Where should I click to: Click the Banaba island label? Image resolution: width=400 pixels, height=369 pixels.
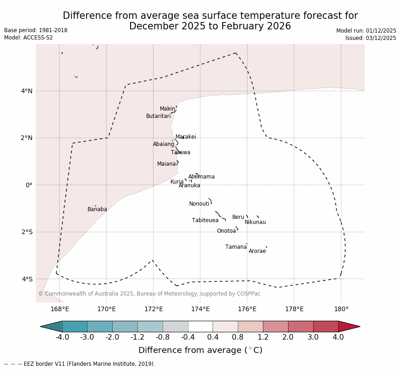pyautogui.click(x=97, y=210)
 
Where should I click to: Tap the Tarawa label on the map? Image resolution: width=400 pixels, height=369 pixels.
pyautogui.click(x=181, y=153)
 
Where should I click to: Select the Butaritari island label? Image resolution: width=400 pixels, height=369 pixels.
pyautogui.click(x=159, y=117)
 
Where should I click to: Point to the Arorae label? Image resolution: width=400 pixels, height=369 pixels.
pyautogui.click(x=257, y=252)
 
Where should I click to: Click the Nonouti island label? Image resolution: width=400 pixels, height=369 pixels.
pyautogui.click(x=199, y=204)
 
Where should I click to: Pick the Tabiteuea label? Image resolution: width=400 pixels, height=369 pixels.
pyautogui.click(x=205, y=221)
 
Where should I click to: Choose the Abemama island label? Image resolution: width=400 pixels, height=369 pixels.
pyautogui.click(x=201, y=177)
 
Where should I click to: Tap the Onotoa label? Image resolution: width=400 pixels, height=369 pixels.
pyautogui.click(x=226, y=231)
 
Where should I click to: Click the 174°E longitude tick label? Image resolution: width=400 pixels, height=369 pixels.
pyautogui.click(x=200, y=309)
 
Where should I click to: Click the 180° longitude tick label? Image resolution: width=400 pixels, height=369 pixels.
pyautogui.click(x=341, y=309)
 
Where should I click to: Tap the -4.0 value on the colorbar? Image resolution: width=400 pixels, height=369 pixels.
pyautogui.click(x=62, y=338)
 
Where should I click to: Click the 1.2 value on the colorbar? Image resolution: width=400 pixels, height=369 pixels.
pyautogui.click(x=263, y=338)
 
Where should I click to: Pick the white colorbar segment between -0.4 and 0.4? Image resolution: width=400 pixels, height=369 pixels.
pyautogui.click(x=200, y=327)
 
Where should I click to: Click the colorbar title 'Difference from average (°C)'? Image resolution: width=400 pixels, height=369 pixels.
pyautogui.click(x=200, y=351)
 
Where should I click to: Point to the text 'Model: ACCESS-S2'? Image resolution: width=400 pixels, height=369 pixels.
pyautogui.click(x=28, y=38)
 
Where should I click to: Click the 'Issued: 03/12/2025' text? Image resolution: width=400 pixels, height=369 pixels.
pyautogui.click(x=371, y=38)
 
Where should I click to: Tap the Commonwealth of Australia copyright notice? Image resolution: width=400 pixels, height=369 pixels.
pyautogui.click(x=149, y=294)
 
